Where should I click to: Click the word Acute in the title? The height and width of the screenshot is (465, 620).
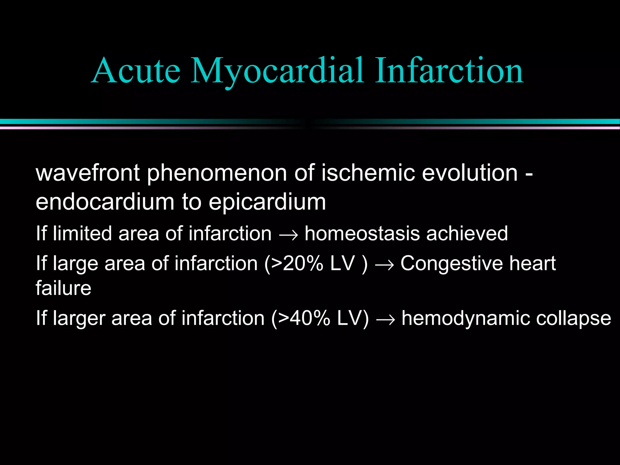136,71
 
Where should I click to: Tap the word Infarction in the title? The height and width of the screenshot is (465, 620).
449,71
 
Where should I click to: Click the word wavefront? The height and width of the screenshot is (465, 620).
88,173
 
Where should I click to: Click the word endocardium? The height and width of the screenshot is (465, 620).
105,202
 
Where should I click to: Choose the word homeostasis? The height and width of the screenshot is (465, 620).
362,233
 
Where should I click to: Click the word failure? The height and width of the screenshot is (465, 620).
63,288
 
